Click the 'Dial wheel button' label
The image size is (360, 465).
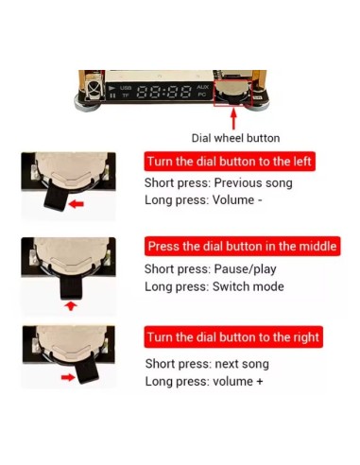[235, 138]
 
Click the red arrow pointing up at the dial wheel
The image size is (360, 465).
[233, 118]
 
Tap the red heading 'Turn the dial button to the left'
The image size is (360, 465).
[230, 162]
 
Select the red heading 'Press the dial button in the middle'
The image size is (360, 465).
[242, 246]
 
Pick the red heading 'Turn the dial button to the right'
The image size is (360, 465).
[233, 337]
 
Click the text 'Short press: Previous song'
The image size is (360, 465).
[218, 182]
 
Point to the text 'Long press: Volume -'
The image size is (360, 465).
[203, 199]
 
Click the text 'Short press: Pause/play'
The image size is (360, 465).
[211, 269]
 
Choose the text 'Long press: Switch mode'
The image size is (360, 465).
[214, 286]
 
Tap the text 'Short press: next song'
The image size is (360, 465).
[207, 364]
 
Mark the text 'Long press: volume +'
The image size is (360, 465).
[204, 382]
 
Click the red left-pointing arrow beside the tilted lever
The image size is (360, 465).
[76, 204]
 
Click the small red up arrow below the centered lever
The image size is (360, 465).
[71, 305]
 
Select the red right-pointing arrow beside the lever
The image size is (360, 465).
[68, 377]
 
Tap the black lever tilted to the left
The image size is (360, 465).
[56, 197]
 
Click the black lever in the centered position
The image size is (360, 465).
[71, 286]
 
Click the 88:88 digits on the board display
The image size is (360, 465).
[164, 92]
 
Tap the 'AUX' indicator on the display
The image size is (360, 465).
[203, 87]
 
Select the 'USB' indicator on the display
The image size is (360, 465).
[126, 87]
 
